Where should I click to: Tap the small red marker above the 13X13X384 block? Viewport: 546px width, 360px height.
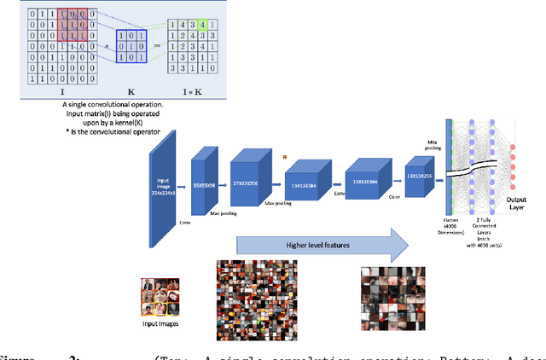point(287,155)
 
